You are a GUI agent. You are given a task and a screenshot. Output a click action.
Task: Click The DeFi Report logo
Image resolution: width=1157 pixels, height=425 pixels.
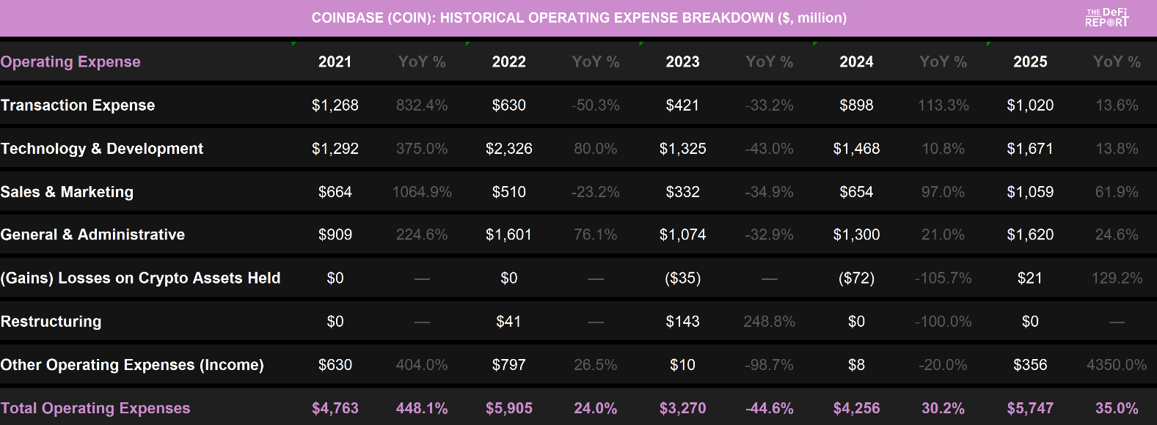1106,18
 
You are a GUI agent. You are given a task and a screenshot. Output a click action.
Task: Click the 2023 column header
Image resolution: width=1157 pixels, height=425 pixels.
682,62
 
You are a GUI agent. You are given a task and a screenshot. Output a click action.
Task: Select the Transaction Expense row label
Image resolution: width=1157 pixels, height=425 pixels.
78,106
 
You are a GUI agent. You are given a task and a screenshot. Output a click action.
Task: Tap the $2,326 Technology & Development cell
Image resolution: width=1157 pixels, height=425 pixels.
508,149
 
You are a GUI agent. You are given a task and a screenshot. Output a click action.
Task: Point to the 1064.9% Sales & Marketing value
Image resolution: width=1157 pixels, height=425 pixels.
422,192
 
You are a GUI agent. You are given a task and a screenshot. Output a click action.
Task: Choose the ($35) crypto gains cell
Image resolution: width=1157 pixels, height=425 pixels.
682,278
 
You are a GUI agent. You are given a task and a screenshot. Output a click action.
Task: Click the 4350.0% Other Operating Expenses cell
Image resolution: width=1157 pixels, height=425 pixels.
1116,365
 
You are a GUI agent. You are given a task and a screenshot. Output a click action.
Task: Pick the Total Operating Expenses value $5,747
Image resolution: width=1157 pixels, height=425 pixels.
1030,408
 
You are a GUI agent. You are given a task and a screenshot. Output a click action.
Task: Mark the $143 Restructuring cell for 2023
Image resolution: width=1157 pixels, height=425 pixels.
682,322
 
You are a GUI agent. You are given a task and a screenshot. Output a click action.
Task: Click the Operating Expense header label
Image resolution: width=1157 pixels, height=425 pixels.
70,62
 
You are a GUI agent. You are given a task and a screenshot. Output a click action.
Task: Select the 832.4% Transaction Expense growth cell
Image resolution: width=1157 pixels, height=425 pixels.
422,106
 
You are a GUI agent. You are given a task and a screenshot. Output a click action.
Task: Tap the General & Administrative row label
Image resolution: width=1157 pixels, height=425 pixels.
92,235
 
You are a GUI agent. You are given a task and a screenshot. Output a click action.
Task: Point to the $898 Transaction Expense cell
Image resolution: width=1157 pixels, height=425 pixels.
856,106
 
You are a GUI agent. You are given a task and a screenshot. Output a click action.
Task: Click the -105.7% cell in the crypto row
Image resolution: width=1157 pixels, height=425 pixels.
943,278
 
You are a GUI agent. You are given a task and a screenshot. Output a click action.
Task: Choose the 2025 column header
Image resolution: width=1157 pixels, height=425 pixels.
1030,62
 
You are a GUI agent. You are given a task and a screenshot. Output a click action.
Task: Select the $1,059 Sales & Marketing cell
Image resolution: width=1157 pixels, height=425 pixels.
1030,192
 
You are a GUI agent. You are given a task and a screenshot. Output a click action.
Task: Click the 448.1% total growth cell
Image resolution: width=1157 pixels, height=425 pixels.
422,408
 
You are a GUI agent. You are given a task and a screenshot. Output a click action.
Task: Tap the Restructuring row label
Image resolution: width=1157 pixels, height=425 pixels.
51,322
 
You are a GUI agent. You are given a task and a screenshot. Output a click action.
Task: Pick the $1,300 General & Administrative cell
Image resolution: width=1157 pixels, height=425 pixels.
856,235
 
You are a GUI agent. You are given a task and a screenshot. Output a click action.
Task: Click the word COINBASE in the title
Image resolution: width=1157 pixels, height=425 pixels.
346,18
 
